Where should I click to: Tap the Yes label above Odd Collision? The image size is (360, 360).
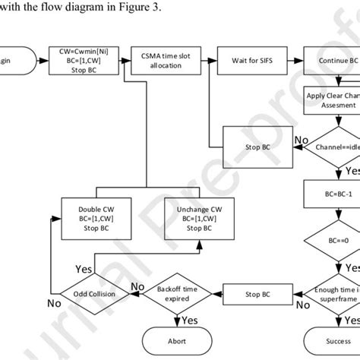84,268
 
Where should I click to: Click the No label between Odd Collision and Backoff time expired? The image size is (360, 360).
137,286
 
